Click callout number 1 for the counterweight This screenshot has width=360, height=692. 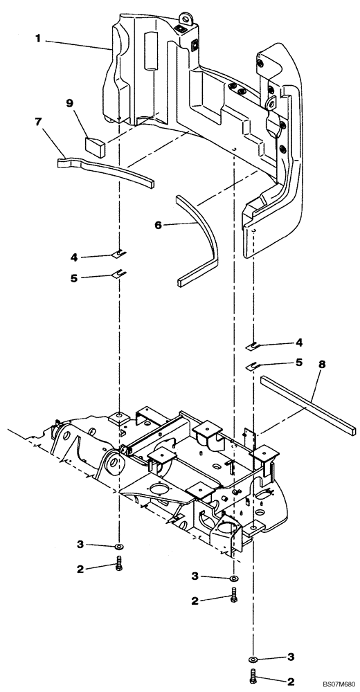[x=39, y=39]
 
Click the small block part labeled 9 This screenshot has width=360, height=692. [x=93, y=145]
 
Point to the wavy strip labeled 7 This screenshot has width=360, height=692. [x=104, y=172]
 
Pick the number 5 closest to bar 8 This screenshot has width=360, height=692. [x=299, y=361]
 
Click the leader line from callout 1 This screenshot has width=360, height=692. [x=76, y=44]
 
